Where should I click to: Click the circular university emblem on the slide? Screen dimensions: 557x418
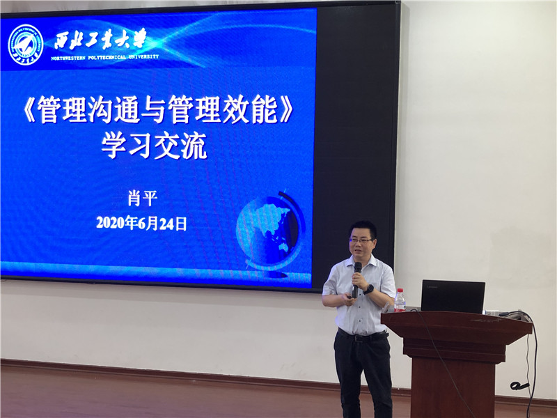click(26, 45)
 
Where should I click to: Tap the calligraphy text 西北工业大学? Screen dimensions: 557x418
click(100, 39)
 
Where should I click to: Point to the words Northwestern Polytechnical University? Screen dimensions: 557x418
click(105, 57)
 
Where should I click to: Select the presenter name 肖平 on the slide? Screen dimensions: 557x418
click(143, 199)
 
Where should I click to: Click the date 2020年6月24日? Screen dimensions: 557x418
click(141, 223)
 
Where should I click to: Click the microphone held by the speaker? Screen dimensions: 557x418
click(356, 280)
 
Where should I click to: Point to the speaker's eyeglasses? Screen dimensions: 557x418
click(361, 240)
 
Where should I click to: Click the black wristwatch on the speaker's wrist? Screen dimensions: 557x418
click(369, 289)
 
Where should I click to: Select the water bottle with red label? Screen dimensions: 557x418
click(400, 300)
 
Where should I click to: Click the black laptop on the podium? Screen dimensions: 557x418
click(453, 297)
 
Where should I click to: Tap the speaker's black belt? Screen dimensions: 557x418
click(362, 336)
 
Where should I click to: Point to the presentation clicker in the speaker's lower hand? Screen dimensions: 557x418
click(346, 298)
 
